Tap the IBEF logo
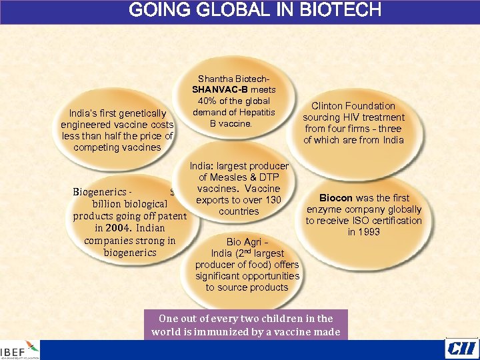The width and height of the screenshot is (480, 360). (x=20, y=351)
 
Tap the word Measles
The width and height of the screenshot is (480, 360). (x=233, y=177)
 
